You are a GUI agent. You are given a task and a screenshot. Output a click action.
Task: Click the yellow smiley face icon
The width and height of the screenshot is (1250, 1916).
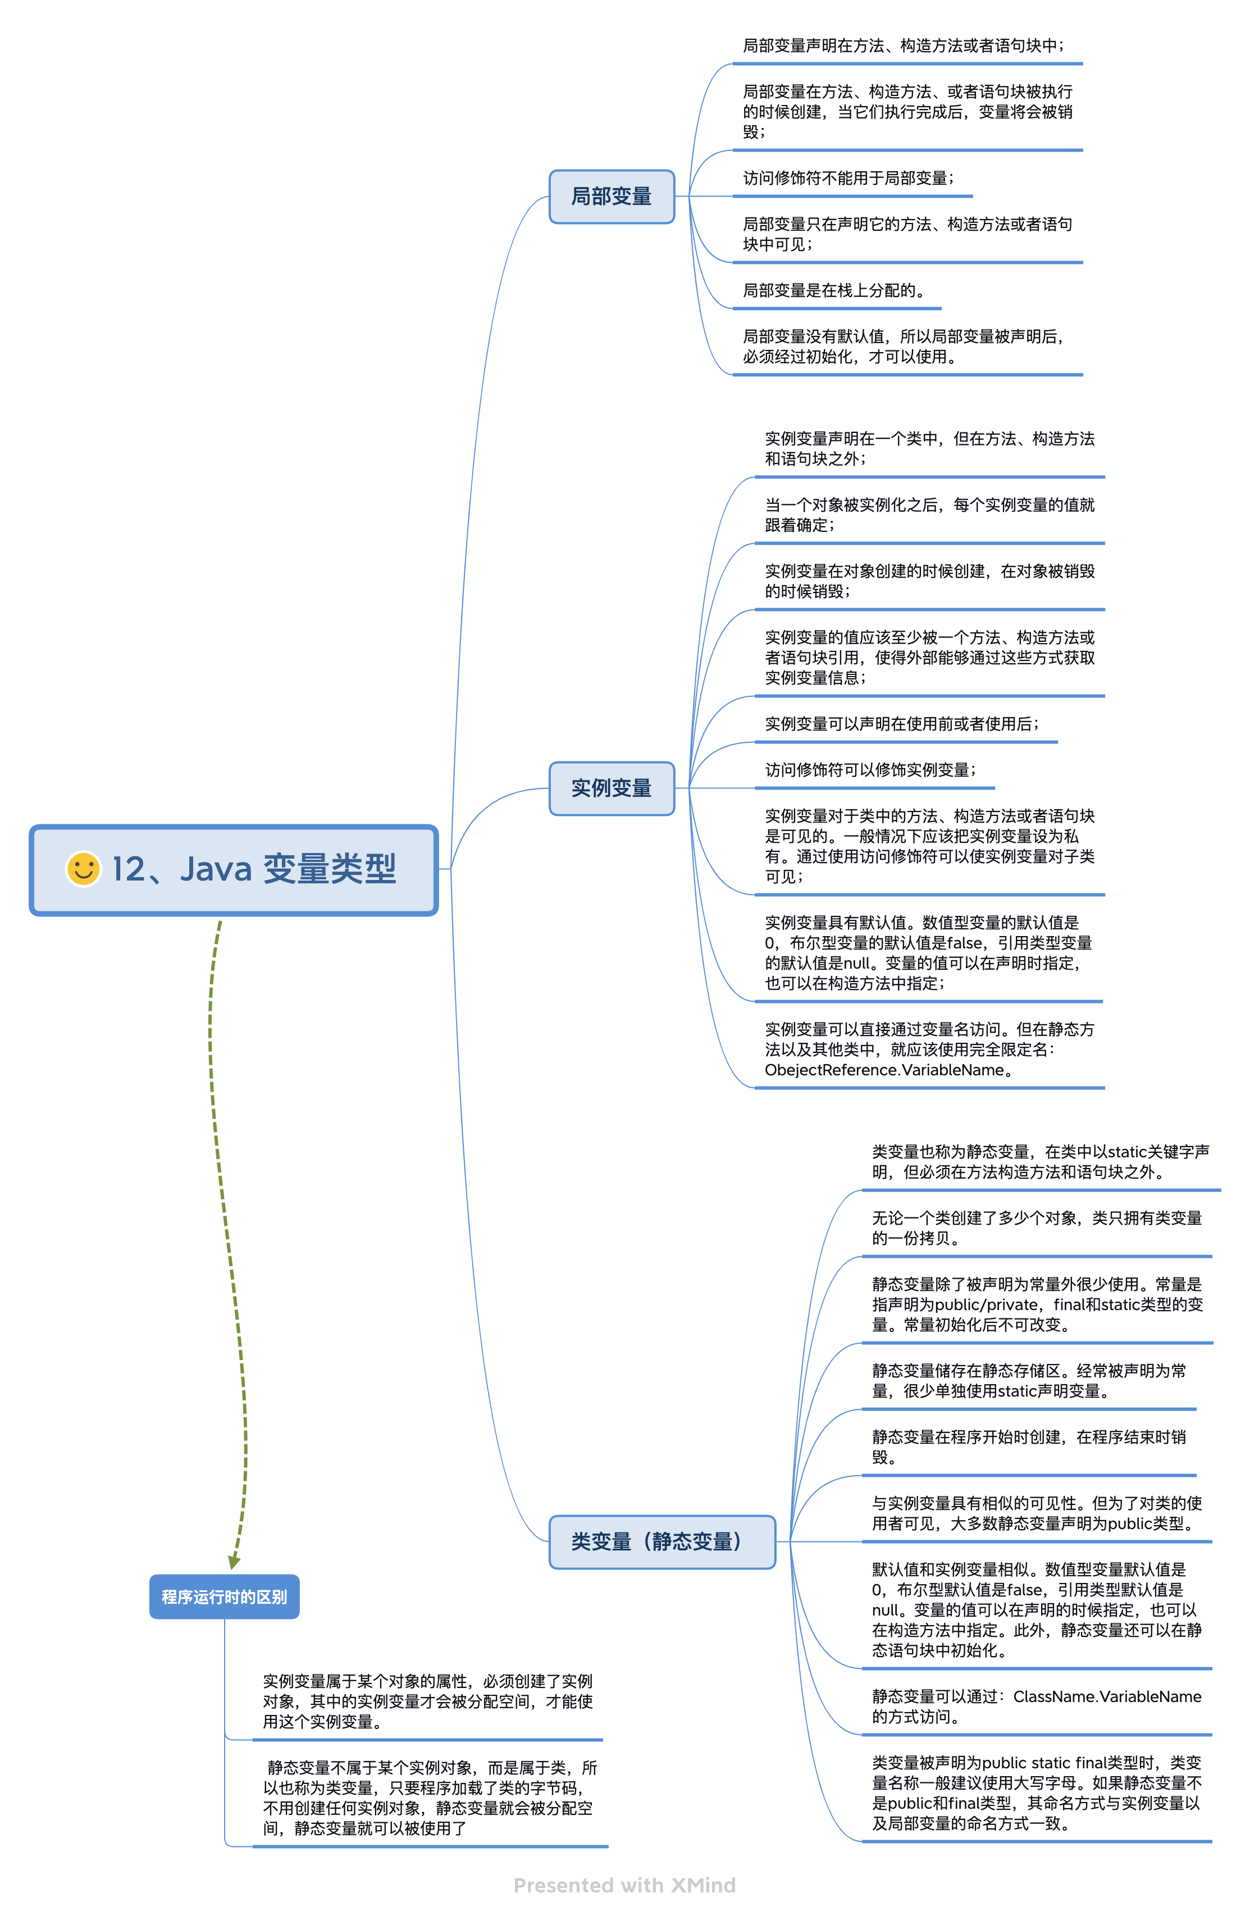83,869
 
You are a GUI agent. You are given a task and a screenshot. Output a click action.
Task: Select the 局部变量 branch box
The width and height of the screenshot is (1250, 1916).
612,197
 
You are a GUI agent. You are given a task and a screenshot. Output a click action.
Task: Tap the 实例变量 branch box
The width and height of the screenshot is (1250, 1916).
612,788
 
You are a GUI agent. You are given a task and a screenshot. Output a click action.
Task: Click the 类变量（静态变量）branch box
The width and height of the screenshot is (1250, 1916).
662,1541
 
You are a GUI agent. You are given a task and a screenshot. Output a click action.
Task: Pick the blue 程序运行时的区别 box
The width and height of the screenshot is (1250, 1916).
225,1596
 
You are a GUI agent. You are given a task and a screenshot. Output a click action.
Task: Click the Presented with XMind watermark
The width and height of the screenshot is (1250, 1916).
624,1886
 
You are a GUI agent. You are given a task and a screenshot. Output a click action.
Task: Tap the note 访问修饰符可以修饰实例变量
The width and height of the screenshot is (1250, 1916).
870,770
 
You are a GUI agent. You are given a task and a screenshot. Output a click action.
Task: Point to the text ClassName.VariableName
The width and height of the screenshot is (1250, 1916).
1107,1696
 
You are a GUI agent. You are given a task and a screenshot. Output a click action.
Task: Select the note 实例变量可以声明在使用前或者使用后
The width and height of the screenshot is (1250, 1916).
901,724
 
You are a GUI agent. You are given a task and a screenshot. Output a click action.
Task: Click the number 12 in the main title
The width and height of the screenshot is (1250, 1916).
129,869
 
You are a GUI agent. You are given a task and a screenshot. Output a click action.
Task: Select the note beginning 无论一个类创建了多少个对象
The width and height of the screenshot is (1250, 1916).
1037,1228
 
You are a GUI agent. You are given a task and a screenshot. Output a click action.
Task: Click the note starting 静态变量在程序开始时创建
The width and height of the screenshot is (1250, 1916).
1029,1447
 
